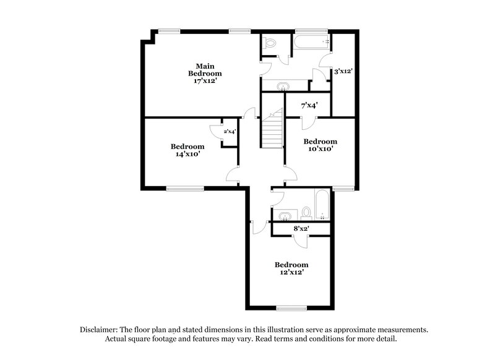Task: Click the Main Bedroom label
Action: [204, 70]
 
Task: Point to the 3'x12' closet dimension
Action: [343, 72]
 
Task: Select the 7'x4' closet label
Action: [309, 106]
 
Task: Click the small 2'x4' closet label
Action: [230, 131]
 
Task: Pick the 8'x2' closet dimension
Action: [301, 229]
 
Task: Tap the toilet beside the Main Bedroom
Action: [269, 43]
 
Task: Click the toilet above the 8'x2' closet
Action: [306, 213]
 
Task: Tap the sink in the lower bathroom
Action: [285, 216]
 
